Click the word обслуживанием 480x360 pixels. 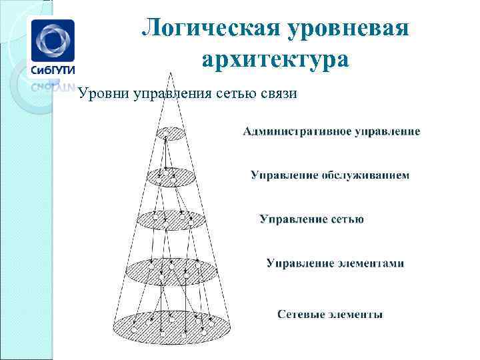pos(365,175)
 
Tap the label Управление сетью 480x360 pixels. pos(311,219)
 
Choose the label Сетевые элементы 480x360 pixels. pos(330,314)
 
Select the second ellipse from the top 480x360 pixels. pos(167,176)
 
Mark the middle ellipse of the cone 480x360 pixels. pos(170,219)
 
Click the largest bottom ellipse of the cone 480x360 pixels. pos(171,327)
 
